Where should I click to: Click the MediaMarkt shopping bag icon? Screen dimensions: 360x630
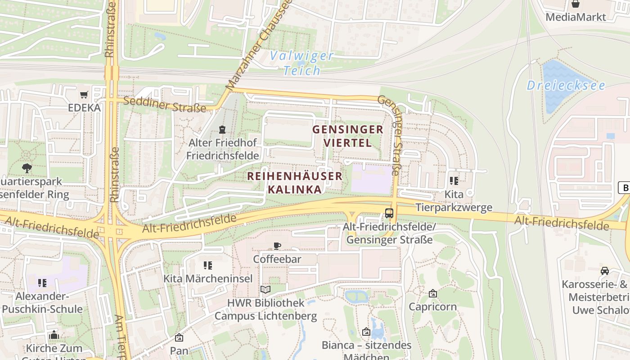[x=576, y=4]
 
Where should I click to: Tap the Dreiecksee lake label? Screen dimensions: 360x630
[x=566, y=85]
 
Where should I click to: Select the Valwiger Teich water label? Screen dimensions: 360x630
[x=302, y=63]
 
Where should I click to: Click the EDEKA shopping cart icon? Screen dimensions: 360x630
[x=84, y=94]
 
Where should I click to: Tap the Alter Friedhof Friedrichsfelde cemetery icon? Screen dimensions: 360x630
[x=222, y=130]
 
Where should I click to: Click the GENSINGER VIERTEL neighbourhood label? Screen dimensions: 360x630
[x=348, y=136]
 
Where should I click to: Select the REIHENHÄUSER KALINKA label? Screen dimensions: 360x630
[x=295, y=182]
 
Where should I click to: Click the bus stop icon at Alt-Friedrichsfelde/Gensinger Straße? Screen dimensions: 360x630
[x=389, y=214]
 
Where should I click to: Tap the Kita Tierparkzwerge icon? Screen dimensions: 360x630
[x=454, y=181]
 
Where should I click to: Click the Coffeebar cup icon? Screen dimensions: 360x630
[x=277, y=246]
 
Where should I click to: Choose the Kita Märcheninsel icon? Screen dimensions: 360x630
[x=207, y=265]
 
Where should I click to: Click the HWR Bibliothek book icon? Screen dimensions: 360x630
[x=265, y=289]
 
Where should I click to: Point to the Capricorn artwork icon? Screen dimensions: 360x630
[x=432, y=293]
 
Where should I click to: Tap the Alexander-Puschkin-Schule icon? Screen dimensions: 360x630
[x=42, y=283]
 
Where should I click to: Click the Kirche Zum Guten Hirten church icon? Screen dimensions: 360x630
[x=54, y=335]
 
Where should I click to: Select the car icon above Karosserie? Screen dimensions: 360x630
[x=604, y=271]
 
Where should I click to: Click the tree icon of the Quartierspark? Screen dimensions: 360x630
[x=27, y=168]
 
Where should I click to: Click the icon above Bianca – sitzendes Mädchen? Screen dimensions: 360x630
[x=366, y=332]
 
